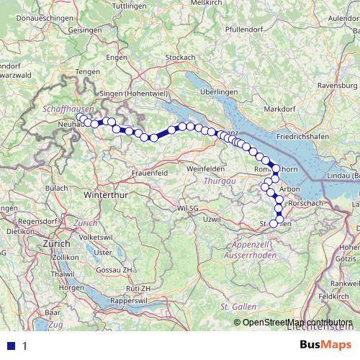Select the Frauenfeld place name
click(x=151, y=174)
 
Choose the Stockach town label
click(x=180, y=57)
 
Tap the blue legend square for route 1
click(x=10, y=346)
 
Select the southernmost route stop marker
click(x=274, y=223)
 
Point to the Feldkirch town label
click(x=336, y=296)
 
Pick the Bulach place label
click(x=57, y=188)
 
